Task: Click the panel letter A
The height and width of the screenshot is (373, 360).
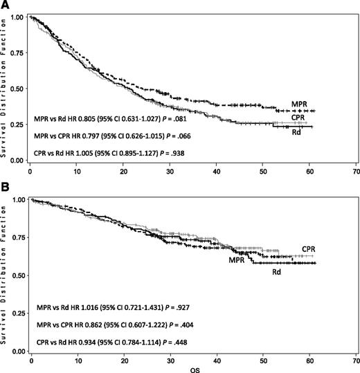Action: pos(5,5)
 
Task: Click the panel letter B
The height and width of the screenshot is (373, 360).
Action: pos(5,185)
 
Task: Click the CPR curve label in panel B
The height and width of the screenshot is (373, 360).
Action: pos(330,248)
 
